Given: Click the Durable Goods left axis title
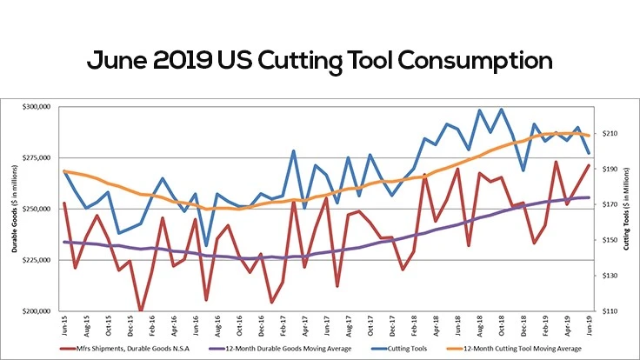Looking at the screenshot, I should pyautogui.click(x=15, y=209).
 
